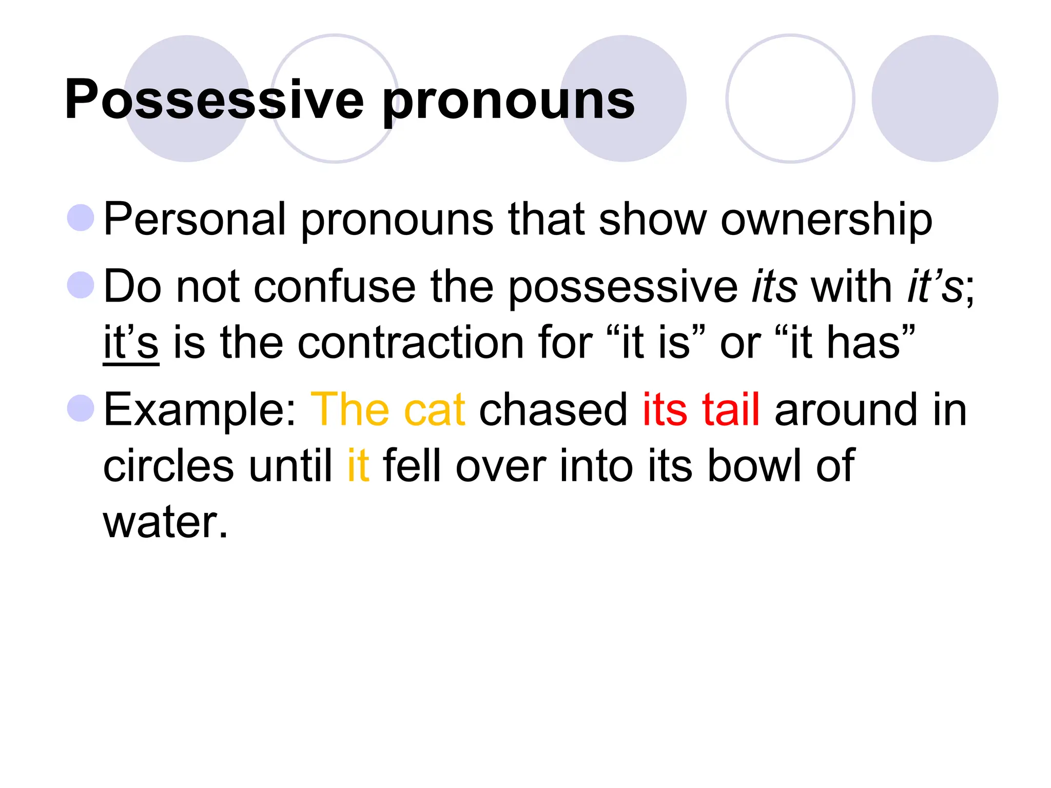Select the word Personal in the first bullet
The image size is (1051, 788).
click(194, 220)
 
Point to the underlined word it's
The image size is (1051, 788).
click(131, 343)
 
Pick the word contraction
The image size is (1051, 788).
click(411, 343)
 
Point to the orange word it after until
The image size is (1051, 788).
click(358, 466)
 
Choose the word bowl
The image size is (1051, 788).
click(754, 466)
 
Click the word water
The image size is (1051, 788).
click(165, 522)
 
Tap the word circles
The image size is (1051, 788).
click(168, 466)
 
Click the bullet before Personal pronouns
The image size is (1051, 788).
click(81, 218)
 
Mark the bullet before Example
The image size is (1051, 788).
click(81, 408)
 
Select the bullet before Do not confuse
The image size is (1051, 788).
click(81, 285)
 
